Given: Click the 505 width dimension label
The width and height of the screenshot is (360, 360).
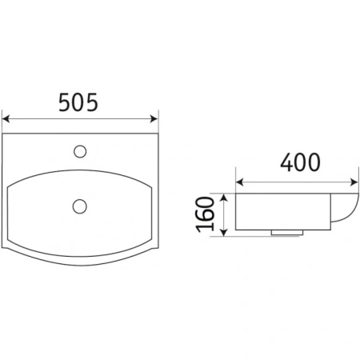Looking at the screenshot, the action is pos(78,102).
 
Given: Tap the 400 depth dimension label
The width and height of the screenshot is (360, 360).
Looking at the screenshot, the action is pos(300,162).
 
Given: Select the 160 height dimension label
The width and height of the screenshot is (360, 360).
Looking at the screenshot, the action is pos(205,214).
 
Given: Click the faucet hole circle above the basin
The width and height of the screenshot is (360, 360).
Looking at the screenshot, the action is pos(80,151).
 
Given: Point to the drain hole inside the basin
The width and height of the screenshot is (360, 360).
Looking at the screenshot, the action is pos(80,206).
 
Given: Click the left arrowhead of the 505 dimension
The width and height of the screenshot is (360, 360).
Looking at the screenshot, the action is pos(6,119).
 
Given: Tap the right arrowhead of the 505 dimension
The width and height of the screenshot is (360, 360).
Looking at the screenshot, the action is pos(154,119).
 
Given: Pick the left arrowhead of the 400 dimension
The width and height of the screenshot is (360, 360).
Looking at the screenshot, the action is pos(240,182).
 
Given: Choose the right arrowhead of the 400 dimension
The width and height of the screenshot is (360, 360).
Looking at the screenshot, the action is pos(354,182).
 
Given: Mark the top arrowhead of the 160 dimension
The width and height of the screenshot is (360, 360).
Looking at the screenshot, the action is pos(224,198).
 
